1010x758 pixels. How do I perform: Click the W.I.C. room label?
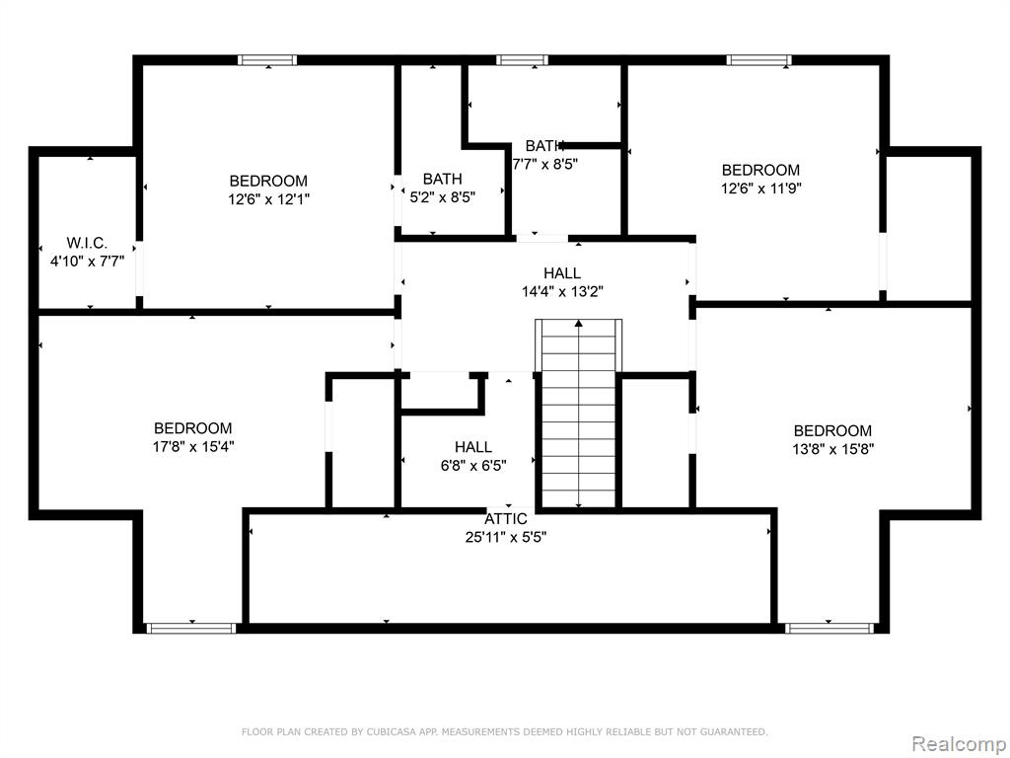click(87, 243)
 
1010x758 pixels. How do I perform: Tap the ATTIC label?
click(506, 519)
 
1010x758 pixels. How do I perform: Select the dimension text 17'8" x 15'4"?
click(193, 446)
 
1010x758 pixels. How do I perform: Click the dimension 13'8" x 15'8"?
click(832, 449)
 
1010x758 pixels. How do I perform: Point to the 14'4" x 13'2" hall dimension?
click(562, 291)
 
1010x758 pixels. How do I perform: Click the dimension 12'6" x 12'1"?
click(268, 199)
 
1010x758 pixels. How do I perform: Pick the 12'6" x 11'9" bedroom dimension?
click(760, 189)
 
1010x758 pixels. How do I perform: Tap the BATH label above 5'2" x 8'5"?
click(443, 179)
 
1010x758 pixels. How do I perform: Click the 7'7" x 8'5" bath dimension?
click(544, 164)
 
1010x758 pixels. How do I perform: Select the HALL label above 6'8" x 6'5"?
click(473, 447)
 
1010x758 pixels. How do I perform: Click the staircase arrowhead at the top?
click(579, 323)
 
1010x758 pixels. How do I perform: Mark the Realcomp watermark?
click(959, 744)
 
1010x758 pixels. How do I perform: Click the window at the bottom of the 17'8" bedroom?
click(191, 628)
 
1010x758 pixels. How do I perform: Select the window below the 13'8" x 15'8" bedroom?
click(830, 628)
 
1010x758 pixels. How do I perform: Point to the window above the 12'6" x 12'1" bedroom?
click(267, 60)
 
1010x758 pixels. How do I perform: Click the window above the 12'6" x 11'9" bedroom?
click(759, 60)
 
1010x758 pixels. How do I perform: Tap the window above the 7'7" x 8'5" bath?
click(523, 60)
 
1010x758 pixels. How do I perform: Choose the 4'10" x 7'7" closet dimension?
click(88, 261)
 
